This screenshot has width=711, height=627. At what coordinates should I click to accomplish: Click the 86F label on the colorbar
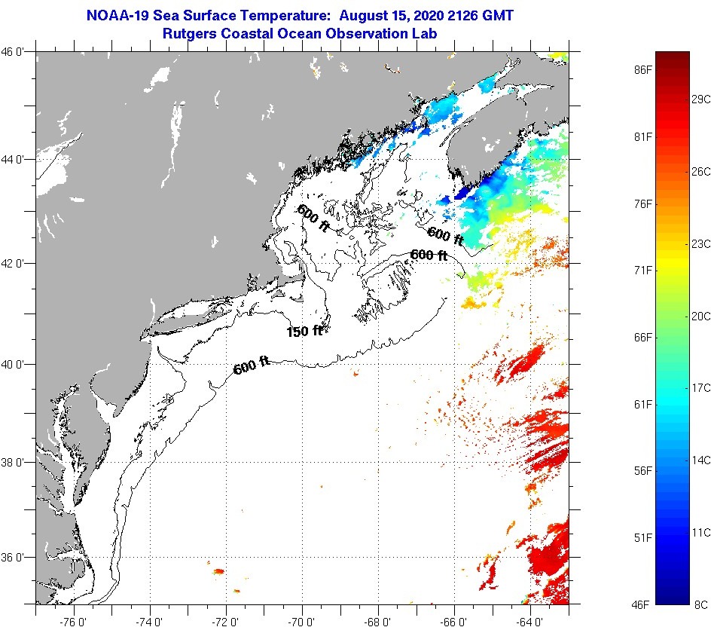pyautogui.click(x=642, y=70)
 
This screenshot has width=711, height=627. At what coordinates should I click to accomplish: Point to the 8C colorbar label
pyautogui.click(x=700, y=604)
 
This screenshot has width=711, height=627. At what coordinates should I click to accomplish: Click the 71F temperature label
pyautogui.click(x=642, y=271)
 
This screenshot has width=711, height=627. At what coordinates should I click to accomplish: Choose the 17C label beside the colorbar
pyautogui.click(x=700, y=388)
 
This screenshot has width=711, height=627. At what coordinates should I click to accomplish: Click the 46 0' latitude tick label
pyautogui.click(x=13, y=52)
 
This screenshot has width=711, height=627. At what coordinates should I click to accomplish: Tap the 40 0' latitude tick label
pyautogui.click(x=13, y=364)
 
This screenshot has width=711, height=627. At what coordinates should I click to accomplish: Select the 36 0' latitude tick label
pyautogui.click(x=13, y=558)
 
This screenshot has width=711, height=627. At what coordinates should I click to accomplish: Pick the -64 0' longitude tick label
pyautogui.click(x=530, y=621)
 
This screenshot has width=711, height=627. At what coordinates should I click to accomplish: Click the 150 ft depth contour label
pyautogui.click(x=304, y=331)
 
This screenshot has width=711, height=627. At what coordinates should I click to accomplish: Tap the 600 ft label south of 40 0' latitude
pyautogui.click(x=252, y=366)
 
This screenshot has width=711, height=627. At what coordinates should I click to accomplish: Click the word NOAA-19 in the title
pyautogui.click(x=118, y=15)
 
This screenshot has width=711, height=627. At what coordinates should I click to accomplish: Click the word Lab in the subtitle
pyautogui.click(x=426, y=34)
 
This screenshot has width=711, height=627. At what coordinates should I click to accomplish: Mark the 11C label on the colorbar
pyautogui.click(x=700, y=532)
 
